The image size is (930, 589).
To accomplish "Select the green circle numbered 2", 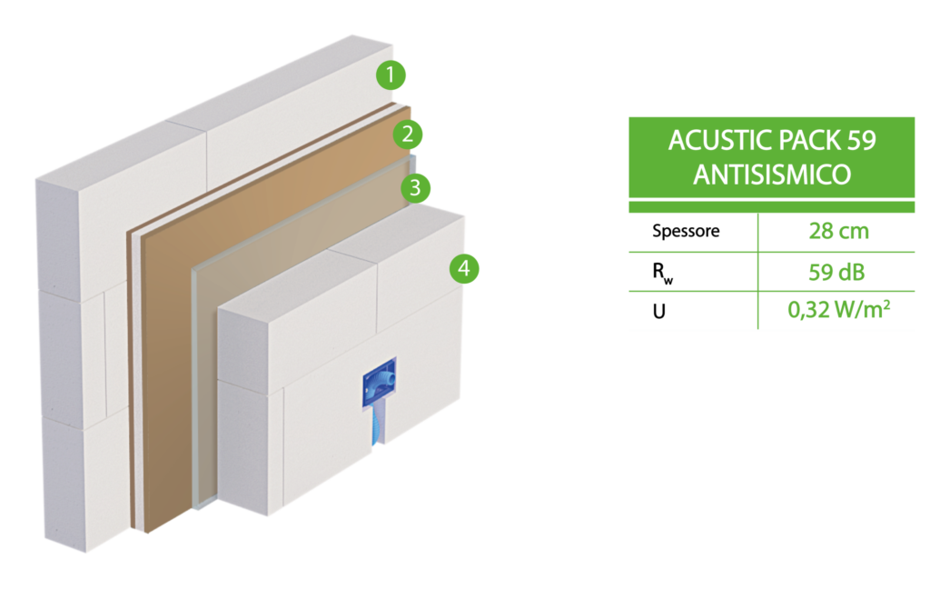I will click(409, 135).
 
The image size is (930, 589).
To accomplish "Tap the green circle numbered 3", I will click(415, 189).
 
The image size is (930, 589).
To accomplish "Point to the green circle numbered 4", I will click(464, 268).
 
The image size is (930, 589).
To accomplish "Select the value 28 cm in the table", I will click(837, 232).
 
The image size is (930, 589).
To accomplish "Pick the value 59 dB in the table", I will click(836, 272).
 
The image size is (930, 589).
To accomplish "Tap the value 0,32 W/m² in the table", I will click(836, 311).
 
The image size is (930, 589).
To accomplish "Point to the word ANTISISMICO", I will click(772, 175).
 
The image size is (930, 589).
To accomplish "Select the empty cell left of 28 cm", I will click(693, 233).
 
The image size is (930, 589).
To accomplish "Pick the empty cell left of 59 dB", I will click(693, 272).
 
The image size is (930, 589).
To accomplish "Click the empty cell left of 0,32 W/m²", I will click(693, 311).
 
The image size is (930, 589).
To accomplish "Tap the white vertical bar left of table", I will click(620, 233).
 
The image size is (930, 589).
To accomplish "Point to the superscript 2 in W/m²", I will click(885, 304).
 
